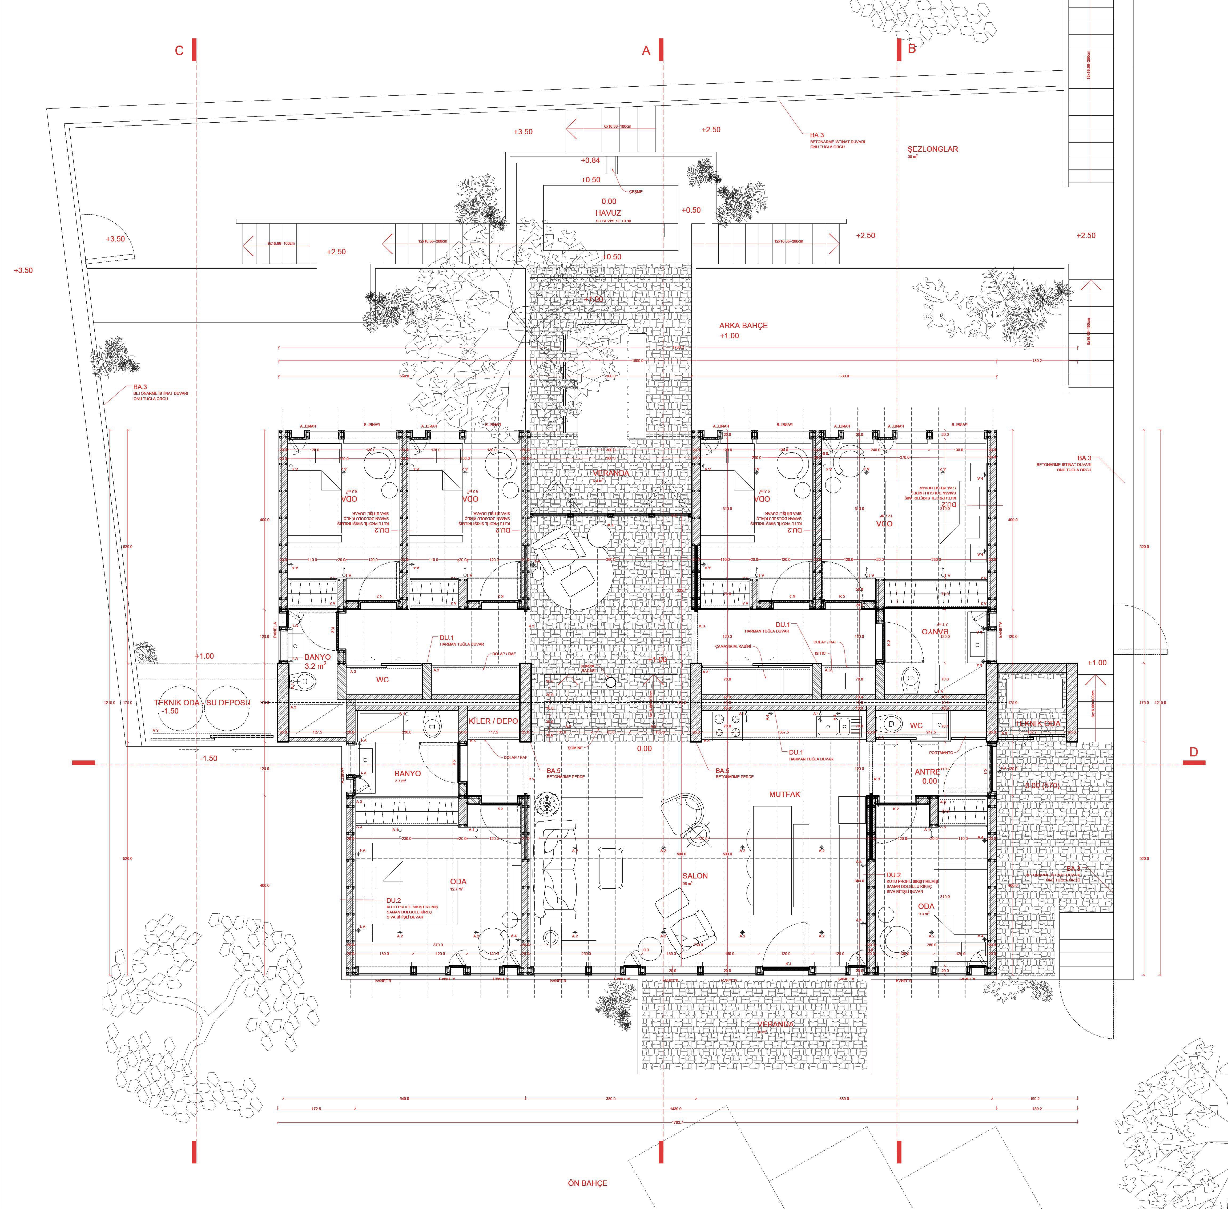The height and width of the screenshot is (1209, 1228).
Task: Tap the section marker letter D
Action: click(x=1193, y=752)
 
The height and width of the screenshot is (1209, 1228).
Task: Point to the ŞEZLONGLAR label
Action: click(x=933, y=149)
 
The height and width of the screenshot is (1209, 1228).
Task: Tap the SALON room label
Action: click(x=695, y=876)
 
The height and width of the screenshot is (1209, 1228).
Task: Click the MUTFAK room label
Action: click(x=785, y=794)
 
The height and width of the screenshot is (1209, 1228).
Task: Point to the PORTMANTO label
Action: click(x=941, y=752)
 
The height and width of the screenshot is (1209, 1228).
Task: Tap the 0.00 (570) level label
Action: click(x=1042, y=785)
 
